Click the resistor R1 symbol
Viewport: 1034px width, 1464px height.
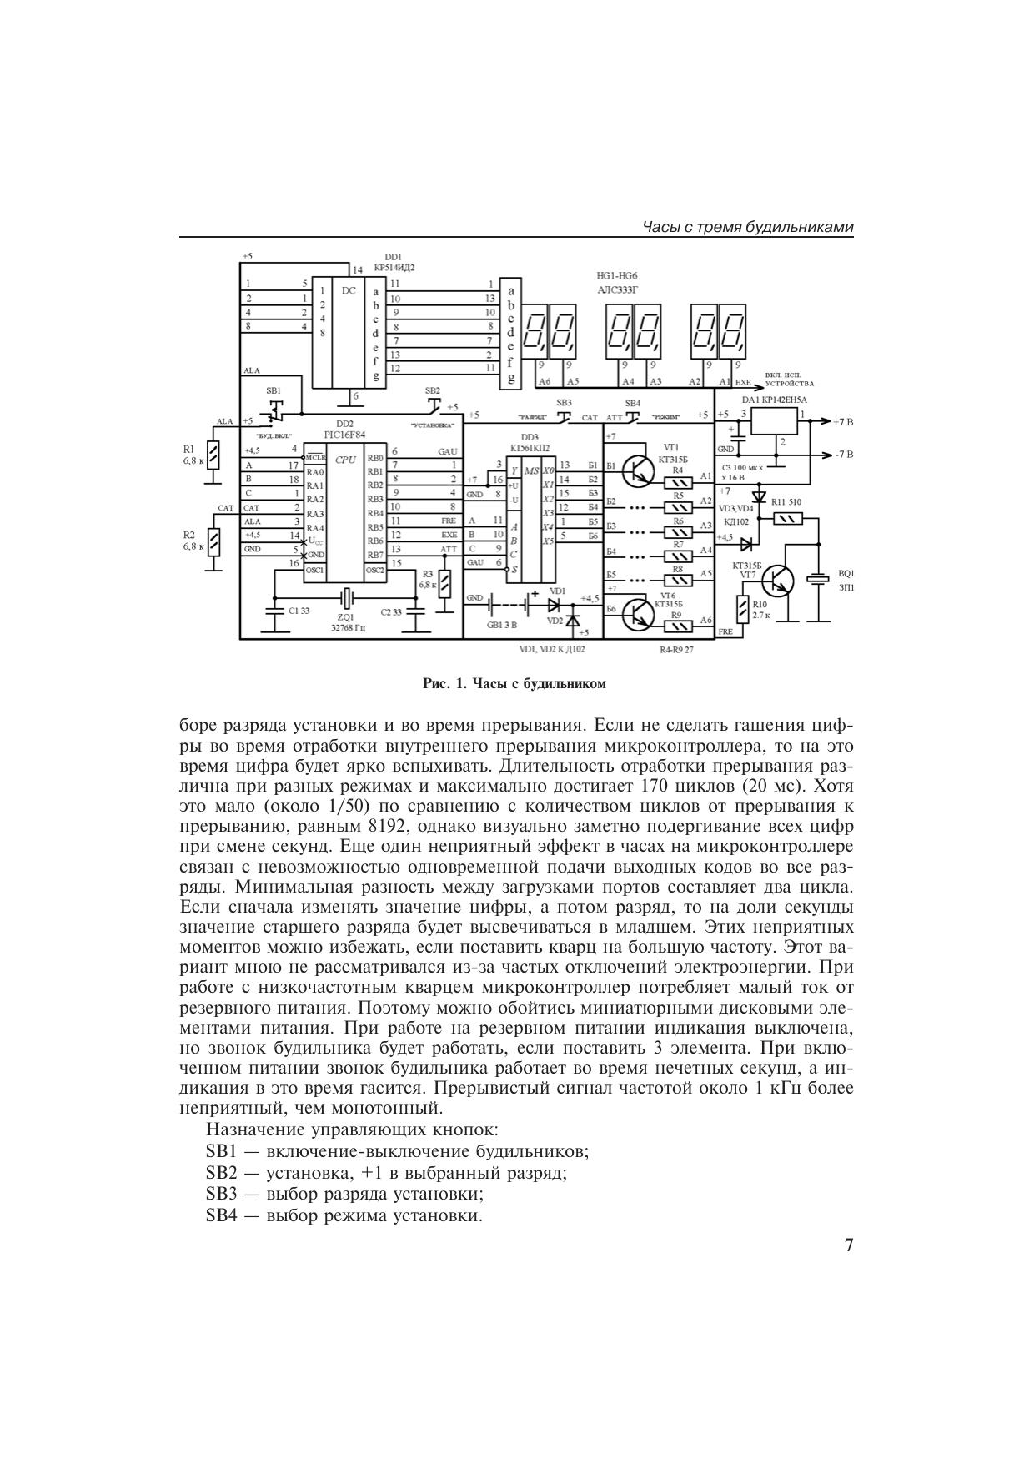point(214,455)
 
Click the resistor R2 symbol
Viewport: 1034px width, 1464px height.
point(214,541)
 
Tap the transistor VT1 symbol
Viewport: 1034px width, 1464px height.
point(639,470)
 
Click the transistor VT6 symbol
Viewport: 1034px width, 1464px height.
point(639,613)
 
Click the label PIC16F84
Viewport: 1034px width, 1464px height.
point(344,434)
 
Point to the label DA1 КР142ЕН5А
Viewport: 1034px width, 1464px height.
point(774,400)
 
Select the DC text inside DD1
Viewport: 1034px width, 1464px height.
point(349,291)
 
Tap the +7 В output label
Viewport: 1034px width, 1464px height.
point(843,422)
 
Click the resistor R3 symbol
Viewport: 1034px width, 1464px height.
point(444,581)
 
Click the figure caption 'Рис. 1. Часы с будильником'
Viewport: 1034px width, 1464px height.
point(514,684)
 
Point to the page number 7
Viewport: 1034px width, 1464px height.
point(848,1246)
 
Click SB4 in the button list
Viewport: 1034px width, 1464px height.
point(221,1215)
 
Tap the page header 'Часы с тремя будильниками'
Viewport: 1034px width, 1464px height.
point(748,228)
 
